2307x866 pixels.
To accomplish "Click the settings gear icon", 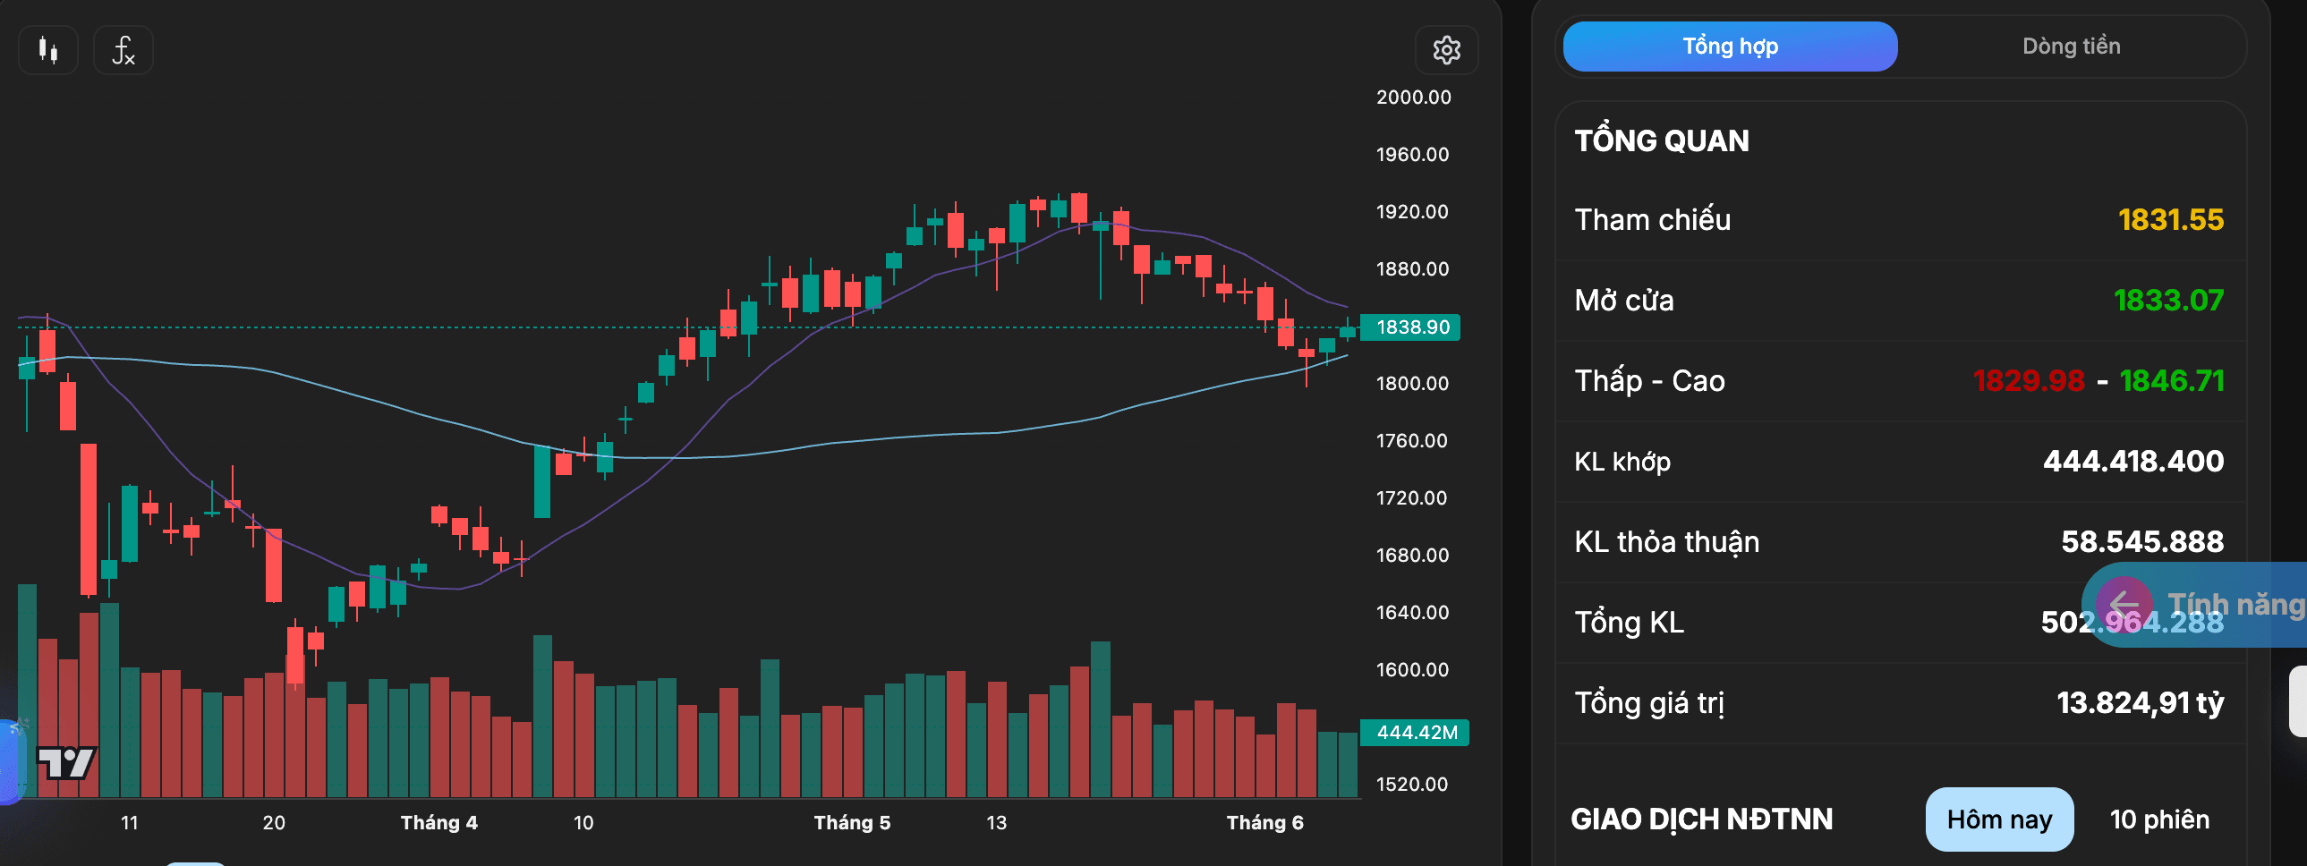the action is click(1446, 50).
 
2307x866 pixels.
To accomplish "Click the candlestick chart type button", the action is click(48, 50).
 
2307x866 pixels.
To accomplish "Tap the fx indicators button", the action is click(123, 50).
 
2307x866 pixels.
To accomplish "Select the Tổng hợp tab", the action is click(1731, 47).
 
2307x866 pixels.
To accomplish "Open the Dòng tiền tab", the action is click(2072, 47).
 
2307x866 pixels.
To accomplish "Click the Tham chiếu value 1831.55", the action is click(2171, 219).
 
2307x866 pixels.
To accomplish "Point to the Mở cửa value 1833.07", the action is click(2169, 300).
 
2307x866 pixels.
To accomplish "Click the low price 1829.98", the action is click(2030, 380).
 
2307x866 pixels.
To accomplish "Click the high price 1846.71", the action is click(2173, 380).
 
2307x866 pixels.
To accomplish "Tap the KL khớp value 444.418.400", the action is click(2133, 462).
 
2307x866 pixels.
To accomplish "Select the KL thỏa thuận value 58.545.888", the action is click(2142, 542).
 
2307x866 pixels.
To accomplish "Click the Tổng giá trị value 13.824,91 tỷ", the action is click(2141, 703).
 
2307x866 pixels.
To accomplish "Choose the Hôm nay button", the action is click(2000, 819).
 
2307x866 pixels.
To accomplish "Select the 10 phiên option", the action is click(2160, 819).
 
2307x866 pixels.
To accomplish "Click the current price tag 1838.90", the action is click(1410, 327).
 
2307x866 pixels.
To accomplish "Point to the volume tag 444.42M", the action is click(1415, 733).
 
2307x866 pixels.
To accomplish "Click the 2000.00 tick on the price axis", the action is click(1414, 98).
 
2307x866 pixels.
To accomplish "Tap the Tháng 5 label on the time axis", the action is click(852, 823).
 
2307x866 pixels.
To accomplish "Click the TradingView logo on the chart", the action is click(66, 763).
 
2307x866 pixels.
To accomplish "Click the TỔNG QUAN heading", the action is click(1661, 140).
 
